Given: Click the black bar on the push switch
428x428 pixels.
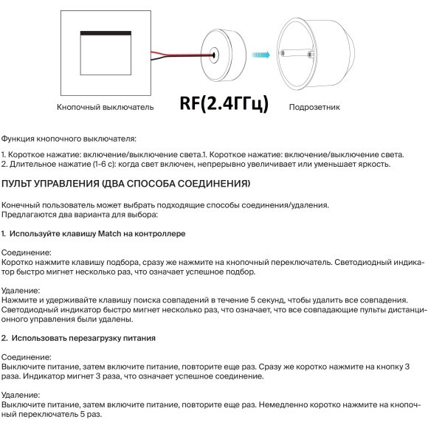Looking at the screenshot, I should click(104, 32).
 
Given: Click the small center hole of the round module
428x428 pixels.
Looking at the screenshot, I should click(214, 54).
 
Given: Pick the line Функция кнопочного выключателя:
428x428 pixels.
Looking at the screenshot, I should click(68, 138).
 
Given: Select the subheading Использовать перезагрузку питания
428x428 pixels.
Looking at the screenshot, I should click(83, 337).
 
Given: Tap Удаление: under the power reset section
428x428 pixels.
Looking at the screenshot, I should click(22, 396).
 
